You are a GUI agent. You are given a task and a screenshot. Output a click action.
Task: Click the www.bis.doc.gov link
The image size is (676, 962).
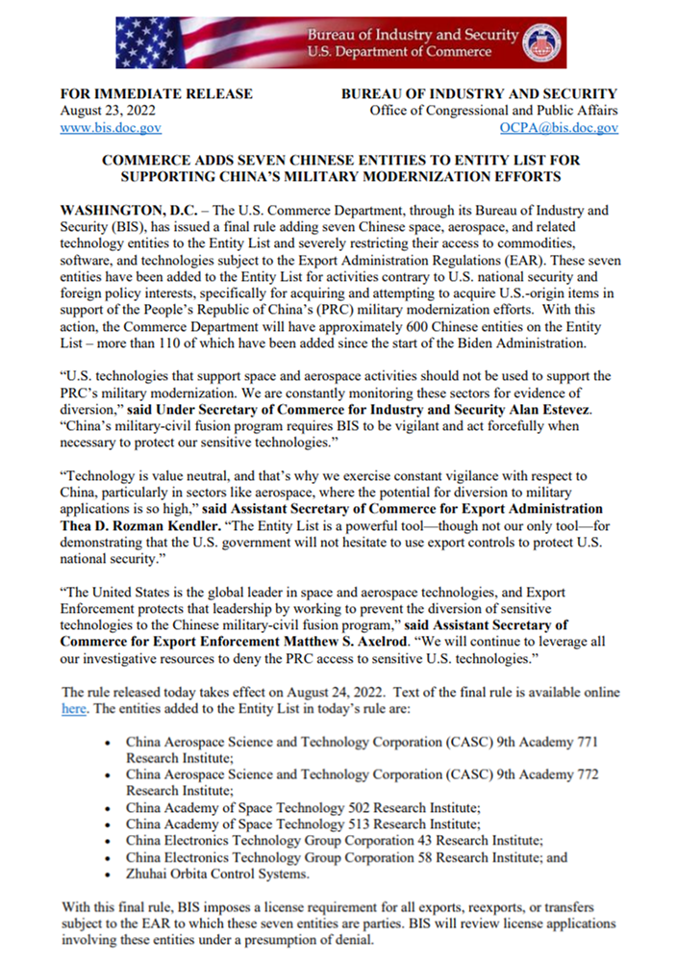pos(111,127)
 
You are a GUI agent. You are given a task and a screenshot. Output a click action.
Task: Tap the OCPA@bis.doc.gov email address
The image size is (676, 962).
pos(559,127)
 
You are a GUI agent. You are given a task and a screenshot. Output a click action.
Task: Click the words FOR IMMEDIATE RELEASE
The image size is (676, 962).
pos(157,93)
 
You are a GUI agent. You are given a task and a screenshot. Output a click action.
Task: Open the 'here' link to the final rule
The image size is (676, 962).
pos(74,709)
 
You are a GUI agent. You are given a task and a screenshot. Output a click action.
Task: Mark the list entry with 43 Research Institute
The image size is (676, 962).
pos(334,839)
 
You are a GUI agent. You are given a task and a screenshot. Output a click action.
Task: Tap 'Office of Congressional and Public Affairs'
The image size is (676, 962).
pos(494,111)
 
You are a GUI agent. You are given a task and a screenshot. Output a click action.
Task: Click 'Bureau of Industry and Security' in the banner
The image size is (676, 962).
pos(413,35)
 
